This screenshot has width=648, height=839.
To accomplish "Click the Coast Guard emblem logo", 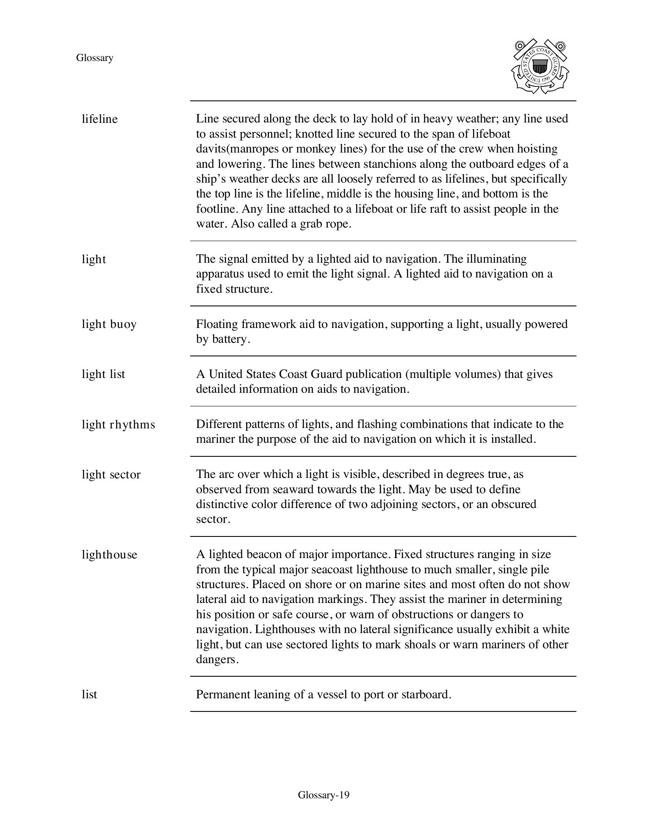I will click(x=540, y=67).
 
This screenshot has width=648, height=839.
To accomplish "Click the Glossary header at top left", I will click(x=94, y=58).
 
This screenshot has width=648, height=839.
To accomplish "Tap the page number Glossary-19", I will click(x=324, y=795).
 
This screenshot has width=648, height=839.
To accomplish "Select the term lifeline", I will click(x=100, y=119).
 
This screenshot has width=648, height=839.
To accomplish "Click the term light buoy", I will click(x=109, y=324).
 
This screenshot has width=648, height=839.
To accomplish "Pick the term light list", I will click(x=103, y=374).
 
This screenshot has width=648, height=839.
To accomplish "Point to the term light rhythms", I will click(x=118, y=424).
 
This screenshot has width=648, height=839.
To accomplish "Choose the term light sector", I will click(x=111, y=475).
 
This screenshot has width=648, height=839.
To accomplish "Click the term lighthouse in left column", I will click(x=109, y=555).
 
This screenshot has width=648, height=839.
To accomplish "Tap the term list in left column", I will click(x=89, y=695).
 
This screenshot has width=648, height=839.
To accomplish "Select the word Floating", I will click(x=217, y=324).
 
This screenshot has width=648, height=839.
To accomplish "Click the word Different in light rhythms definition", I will click(x=220, y=424).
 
